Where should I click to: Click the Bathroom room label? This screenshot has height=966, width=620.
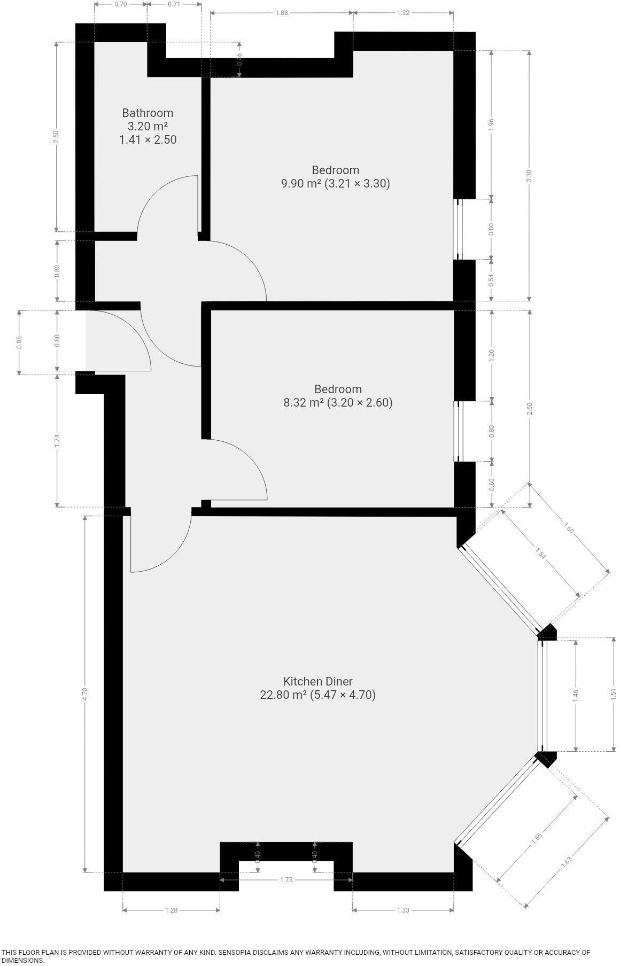pos(148,113)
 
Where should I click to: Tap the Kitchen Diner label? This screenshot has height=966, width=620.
pos(317,681)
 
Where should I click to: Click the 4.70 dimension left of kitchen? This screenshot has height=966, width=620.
pos(84,694)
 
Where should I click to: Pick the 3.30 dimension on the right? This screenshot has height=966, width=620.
pos(529,176)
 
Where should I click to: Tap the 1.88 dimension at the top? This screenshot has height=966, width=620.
pos(282,13)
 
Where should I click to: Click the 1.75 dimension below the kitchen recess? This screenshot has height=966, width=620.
pos(286,880)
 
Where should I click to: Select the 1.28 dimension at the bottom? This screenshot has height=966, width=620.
pos(171,910)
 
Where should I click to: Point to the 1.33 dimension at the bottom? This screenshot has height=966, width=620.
pos(403,910)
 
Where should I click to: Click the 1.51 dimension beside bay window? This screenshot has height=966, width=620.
pos(613,694)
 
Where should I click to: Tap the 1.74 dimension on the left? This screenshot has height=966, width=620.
pos(57,440)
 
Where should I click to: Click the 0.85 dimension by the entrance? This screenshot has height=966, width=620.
pos(19,342)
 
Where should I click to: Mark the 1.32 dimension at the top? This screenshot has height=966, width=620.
pos(403,13)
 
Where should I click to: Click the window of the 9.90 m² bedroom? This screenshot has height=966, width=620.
pos(458,229)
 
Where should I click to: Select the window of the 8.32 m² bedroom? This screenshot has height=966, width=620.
pos(458,431)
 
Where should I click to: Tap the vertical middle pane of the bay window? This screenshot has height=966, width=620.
pos(542,695)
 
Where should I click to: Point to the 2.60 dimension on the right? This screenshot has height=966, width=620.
pos(529,408)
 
